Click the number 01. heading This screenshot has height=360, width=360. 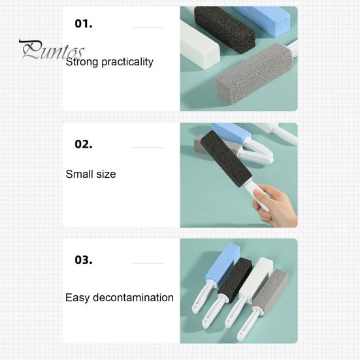pos(84,24)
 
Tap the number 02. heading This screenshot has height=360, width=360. pos(84,144)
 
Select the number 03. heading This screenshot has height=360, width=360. pos(84,260)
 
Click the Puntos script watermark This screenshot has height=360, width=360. pos(52,50)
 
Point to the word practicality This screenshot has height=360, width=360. pos(127,62)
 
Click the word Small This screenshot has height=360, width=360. pos(79,174)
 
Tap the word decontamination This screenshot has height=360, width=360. pos(133,297)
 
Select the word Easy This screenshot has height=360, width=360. pos(77,298)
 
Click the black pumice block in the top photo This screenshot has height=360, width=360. pos(225,29)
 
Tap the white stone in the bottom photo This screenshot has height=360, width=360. pos(256,277)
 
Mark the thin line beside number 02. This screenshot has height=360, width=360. pos(148,148)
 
